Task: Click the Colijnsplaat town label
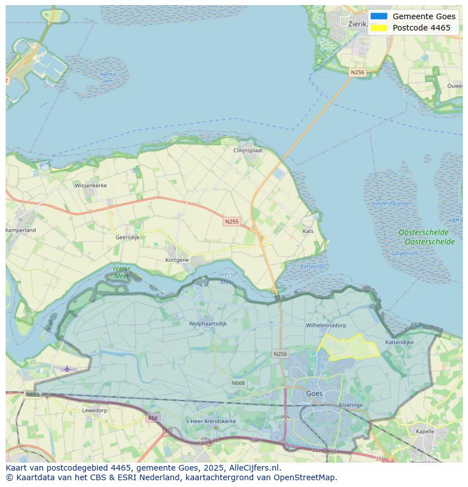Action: click(x=249, y=150)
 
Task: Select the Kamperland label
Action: click(x=21, y=230)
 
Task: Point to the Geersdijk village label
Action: click(x=127, y=238)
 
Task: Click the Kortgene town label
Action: click(x=177, y=260)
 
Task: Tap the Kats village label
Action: click(x=307, y=231)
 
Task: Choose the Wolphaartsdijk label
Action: click(x=207, y=324)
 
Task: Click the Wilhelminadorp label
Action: click(x=326, y=326)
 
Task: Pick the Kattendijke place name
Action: click(x=400, y=342)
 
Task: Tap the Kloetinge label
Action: click(x=350, y=405)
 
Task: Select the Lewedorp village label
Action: click(x=94, y=410)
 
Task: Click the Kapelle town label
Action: click(x=424, y=431)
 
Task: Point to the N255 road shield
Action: click(x=231, y=222)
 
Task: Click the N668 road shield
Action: click(x=238, y=383)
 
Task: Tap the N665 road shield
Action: click(x=33, y=394)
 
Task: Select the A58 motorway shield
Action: click(x=152, y=418)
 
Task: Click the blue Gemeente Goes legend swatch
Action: click(x=379, y=16)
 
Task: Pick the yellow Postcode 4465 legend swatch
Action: click(x=379, y=28)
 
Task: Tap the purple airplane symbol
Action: click(x=67, y=369)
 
